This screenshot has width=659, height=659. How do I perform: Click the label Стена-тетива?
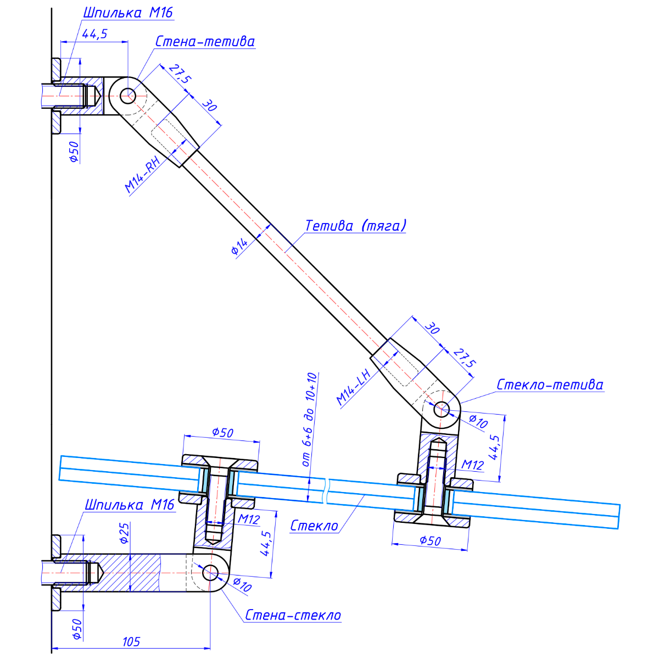coord(205,42)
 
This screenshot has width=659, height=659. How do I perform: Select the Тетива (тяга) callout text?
coord(356,226)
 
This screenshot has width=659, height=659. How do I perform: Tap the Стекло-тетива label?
coord(550,385)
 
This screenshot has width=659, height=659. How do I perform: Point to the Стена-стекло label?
coord(293,616)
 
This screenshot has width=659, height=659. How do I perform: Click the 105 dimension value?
coord(131,641)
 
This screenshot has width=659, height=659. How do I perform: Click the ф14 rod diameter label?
coord(239,247)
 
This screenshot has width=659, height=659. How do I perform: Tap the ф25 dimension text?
coord(125,532)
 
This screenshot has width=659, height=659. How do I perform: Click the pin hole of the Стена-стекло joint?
coord(210,573)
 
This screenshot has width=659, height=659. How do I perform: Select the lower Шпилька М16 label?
coord(129,505)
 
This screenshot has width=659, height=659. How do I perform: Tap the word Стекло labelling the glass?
coord(314,526)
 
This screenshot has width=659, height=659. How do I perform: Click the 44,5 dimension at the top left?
coord(94,33)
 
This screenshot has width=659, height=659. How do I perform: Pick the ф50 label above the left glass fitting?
coord(222,433)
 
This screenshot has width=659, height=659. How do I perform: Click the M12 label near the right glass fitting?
coord(472,466)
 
